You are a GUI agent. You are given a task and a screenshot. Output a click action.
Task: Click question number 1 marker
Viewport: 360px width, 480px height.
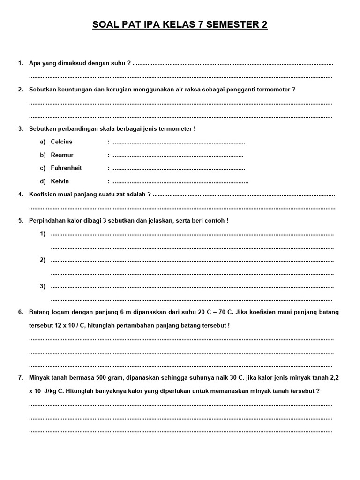[21, 63]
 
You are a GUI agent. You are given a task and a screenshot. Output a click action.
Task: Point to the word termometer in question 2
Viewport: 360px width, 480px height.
[272, 89]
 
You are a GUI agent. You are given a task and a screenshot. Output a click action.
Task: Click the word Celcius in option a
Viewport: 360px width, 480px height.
[61, 142]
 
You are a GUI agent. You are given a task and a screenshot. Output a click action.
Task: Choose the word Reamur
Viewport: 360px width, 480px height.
[62, 155]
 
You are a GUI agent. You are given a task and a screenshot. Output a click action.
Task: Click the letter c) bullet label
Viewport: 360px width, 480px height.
[43, 168]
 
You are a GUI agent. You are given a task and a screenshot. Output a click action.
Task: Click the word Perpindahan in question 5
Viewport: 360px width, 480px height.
[47, 220]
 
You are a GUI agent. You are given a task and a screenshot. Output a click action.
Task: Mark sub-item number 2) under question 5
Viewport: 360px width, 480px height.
[43, 260]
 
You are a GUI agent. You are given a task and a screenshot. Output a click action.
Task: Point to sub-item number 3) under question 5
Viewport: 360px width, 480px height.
[43, 286]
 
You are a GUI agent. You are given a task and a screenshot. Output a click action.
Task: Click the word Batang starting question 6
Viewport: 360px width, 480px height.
[39, 312]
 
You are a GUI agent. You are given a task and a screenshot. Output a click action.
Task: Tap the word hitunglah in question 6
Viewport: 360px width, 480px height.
[105, 325]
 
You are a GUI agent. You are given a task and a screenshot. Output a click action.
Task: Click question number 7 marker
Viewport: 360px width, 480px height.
[21, 377]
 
